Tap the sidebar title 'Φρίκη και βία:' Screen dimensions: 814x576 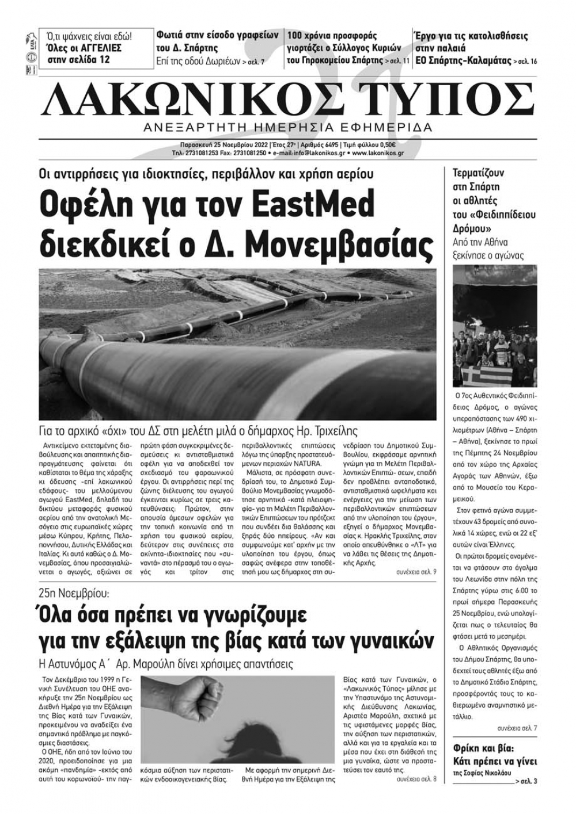click(x=483, y=749)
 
